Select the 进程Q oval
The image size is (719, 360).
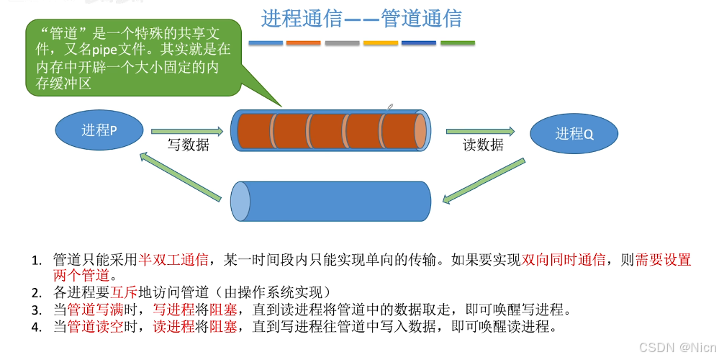pos(574,133)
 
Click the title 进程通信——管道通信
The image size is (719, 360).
pos(361,18)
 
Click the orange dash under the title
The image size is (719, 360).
pos(303,43)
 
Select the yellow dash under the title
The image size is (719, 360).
pos(380,43)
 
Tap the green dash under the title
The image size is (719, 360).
pos(457,43)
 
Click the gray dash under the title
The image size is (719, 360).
pos(342,43)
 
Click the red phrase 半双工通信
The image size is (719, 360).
pos(173,260)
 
